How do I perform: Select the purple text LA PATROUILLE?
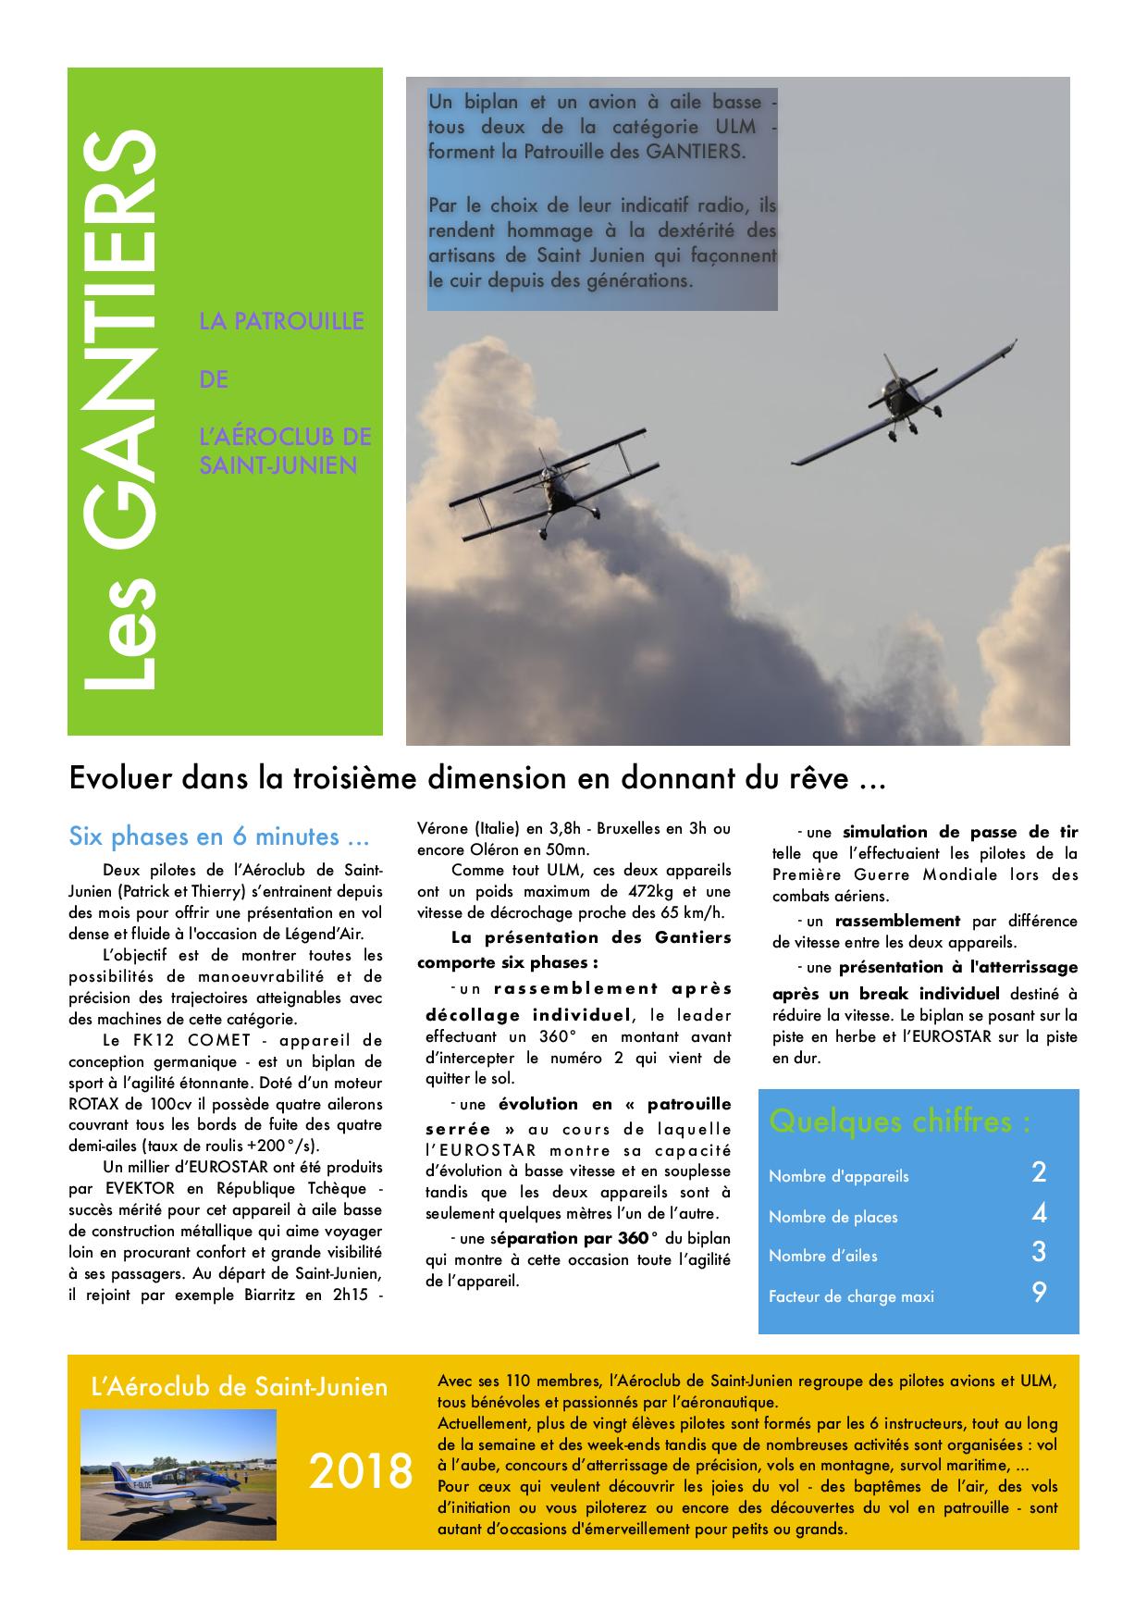coord(281,322)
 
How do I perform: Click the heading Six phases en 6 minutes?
coord(219,836)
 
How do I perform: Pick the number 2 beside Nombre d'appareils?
coord(1039,1173)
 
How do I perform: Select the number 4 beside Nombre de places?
coord(1039,1214)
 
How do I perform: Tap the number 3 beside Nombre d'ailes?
coord(1039,1253)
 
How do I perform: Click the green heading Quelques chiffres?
coord(899,1121)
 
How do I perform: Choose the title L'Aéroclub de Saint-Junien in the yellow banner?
coord(240,1387)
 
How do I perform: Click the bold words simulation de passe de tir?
coord(960,832)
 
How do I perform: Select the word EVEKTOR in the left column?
coord(129,1188)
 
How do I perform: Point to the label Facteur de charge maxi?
coord(851,1296)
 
